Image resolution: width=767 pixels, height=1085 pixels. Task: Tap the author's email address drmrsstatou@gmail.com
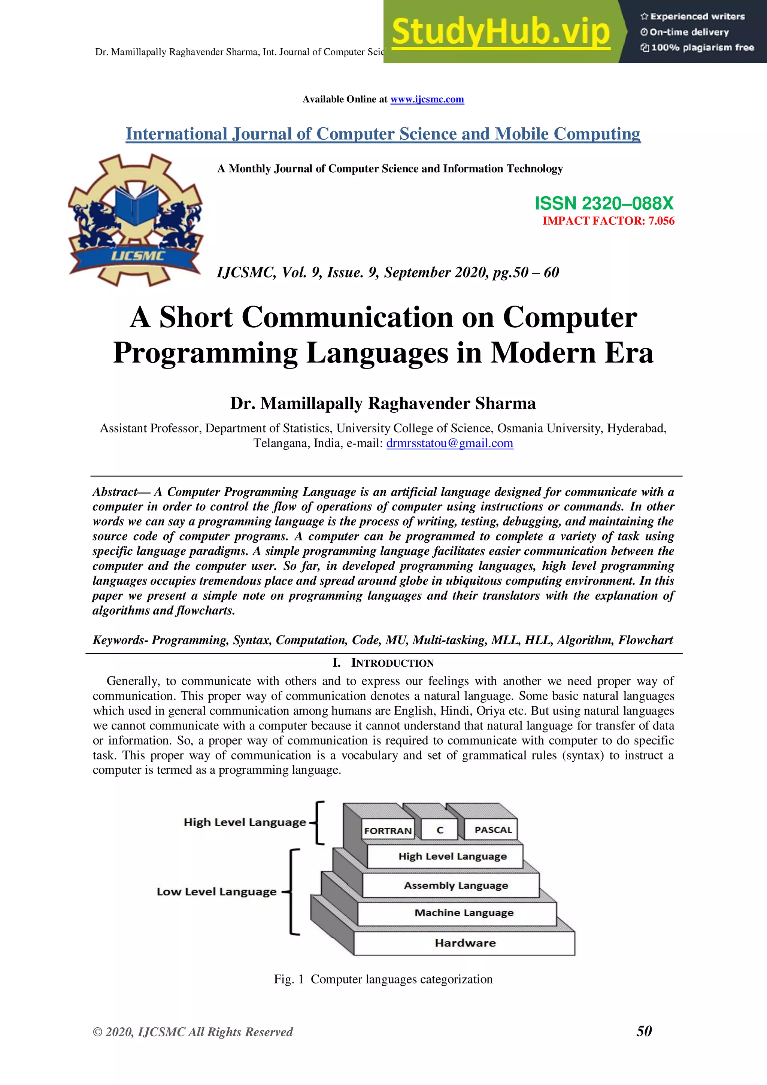449,443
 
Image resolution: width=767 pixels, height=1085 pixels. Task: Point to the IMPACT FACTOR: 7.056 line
608,221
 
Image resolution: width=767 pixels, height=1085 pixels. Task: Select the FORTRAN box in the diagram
388,830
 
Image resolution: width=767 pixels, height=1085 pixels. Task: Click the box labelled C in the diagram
440,830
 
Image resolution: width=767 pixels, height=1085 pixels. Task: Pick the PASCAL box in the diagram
493,830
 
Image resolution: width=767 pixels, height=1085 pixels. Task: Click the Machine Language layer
464,912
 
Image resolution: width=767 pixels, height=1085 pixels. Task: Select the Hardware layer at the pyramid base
465,943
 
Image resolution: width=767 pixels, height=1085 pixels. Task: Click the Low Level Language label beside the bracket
216,892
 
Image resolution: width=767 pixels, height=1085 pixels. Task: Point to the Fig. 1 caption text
383,979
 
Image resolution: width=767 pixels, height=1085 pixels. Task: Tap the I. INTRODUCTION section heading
383,663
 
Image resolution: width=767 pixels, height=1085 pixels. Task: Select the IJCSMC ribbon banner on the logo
137,257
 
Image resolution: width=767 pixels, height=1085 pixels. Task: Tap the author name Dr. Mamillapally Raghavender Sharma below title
383,403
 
